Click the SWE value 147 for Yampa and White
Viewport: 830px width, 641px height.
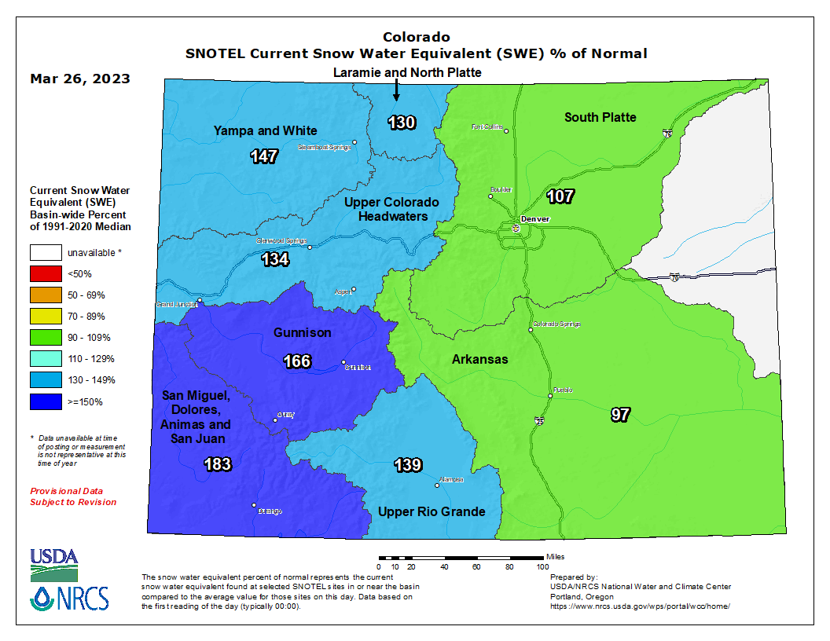point(264,156)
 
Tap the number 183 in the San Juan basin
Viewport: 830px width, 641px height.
point(217,464)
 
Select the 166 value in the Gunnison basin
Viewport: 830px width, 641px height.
point(297,361)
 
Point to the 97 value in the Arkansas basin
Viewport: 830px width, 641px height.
point(620,415)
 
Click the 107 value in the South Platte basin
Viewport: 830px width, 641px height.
point(560,196)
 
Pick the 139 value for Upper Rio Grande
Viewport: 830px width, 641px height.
point(408,465)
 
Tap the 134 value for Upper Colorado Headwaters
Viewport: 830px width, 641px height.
point(275,259)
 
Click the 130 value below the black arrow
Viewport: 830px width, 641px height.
point(402,123)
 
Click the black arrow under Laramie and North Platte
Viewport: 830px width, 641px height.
point(396,91)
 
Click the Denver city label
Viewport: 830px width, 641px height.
point(534,218)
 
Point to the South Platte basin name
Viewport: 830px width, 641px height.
point(600,117)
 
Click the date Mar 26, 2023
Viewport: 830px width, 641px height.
point(80,79)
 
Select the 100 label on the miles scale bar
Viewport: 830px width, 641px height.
point(542,566)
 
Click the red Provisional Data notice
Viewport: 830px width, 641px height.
point(73,496)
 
